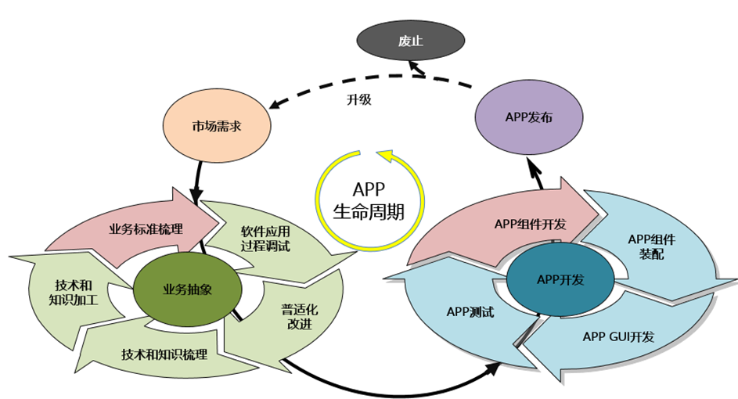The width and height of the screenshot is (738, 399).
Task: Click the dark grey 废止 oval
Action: pyautogui.click(x=411, y=41)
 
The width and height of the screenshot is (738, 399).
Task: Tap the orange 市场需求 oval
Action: pyautogui.click(x=215, y=126)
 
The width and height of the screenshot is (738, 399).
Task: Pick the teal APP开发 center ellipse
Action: pyautogui.click(x=560, y=279)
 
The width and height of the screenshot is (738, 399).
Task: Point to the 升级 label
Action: pyautogui.click(x=358, y=99)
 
